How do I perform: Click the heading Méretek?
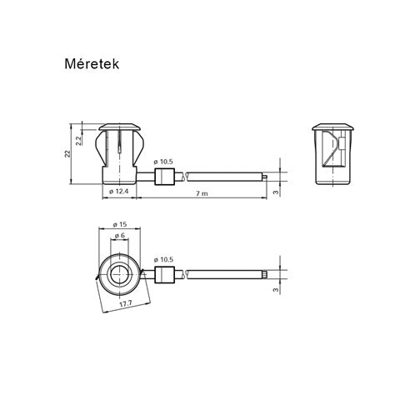click(x=92, y=64)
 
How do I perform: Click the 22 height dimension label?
click(x=67, y=153)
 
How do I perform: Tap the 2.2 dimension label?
click(x=78, y=141)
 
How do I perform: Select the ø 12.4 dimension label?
click(x=118, y=192)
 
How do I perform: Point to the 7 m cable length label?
click(x=202, y=193)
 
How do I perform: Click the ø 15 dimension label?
click(x=120, y=224)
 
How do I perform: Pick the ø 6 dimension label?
click(x=120, y=236)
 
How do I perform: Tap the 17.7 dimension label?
click(x=126, y=304)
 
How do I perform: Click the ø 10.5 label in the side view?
click(x=163, y=162)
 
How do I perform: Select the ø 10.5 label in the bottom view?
click(x=163, y=260)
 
